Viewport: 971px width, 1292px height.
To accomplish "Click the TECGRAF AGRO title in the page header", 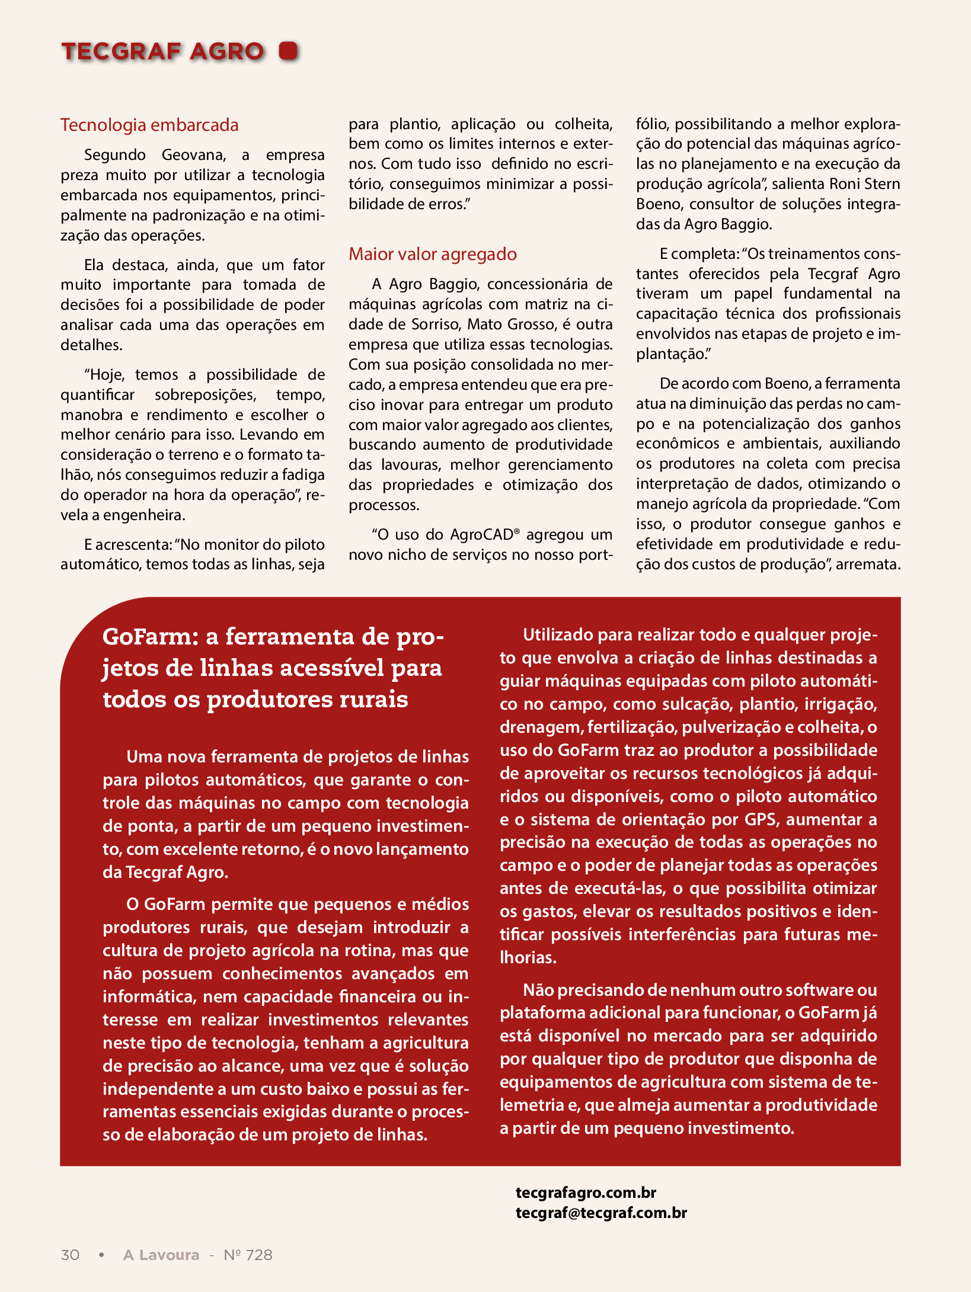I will [x=162, y=52].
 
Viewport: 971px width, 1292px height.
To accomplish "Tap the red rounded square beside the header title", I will [x=289, y=51].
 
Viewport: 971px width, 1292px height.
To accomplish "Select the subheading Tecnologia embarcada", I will [x=149, y=125].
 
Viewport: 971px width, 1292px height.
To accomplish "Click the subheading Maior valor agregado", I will [x=432, y=254].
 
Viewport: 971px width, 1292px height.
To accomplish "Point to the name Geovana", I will [x=193, y=155].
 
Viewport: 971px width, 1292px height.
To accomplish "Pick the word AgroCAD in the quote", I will [x=481, y=535].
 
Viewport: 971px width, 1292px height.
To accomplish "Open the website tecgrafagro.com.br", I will [x=586, y=1192].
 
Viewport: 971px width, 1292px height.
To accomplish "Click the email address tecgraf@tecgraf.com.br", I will [x=601, y=1213].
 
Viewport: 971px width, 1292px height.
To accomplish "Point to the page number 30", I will [x=70, y=1255].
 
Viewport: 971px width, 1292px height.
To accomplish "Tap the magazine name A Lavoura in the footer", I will [x=161, y=1255].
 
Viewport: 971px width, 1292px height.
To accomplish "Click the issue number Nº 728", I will [x=248, y=1255].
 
